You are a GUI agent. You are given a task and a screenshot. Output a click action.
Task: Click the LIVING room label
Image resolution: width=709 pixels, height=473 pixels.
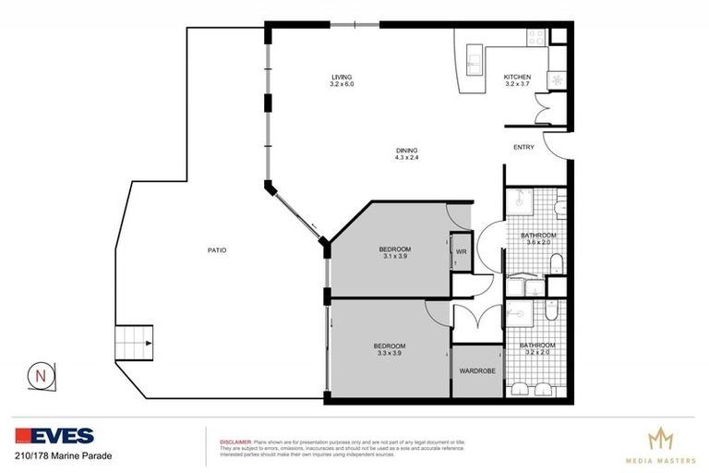tap(342, 77)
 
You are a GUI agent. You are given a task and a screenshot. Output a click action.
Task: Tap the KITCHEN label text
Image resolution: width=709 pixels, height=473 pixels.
tap(516, 77)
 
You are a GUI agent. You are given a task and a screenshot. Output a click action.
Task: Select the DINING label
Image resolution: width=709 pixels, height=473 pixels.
tap(406, 151)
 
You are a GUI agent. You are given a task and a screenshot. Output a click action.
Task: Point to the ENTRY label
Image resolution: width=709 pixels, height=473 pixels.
tap(523, 147)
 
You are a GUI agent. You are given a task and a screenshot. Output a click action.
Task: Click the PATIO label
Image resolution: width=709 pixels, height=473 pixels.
tap(217, 250)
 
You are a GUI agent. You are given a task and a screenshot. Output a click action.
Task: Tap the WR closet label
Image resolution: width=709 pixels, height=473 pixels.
tap(461, 250)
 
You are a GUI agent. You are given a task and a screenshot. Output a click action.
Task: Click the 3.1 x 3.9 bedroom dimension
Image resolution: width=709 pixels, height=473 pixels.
tap(394, 257)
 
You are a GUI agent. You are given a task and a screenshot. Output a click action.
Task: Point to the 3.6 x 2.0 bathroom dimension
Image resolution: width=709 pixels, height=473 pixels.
tap(538, 243)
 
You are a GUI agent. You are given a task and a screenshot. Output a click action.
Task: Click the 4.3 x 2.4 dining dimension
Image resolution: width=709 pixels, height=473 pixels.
tap(406, 158)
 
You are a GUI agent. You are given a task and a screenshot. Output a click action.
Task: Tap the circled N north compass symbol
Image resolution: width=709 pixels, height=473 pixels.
tap(40, 375)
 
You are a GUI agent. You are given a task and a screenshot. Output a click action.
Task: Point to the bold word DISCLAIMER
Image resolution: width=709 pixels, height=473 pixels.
tap(235, 443)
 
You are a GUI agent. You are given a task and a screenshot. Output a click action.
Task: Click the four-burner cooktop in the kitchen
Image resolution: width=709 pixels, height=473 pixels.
tap(536, 38)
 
